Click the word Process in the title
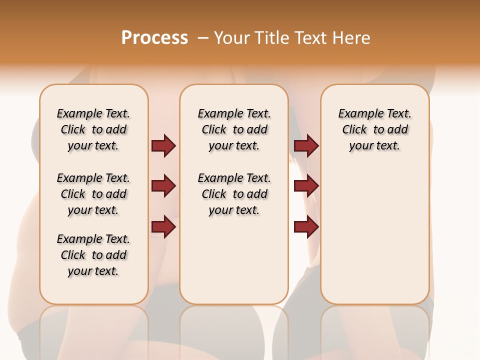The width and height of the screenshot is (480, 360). [x=154, y=38]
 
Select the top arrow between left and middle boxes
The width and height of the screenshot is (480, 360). [x=163, y=145]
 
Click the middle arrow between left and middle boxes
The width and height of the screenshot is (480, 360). [x=163, y=186]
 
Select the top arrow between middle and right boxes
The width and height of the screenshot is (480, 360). [x=306, y=145]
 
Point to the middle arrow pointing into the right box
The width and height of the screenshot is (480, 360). [x=306, y=186]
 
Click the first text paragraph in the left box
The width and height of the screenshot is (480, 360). [x=93, y=129]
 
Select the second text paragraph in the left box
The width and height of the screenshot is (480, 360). [x=93, y=194]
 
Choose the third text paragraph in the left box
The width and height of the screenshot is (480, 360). [x=93, y=255]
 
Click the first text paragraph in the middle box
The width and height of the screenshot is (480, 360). [x=234, y=129]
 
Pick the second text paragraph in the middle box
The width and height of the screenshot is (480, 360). [x=234, y=194]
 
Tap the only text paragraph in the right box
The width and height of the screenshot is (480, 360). [x=375, y=129]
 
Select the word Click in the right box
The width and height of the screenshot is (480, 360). [x=354, y=130]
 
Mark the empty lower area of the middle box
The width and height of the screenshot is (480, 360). [x=234, y=260]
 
